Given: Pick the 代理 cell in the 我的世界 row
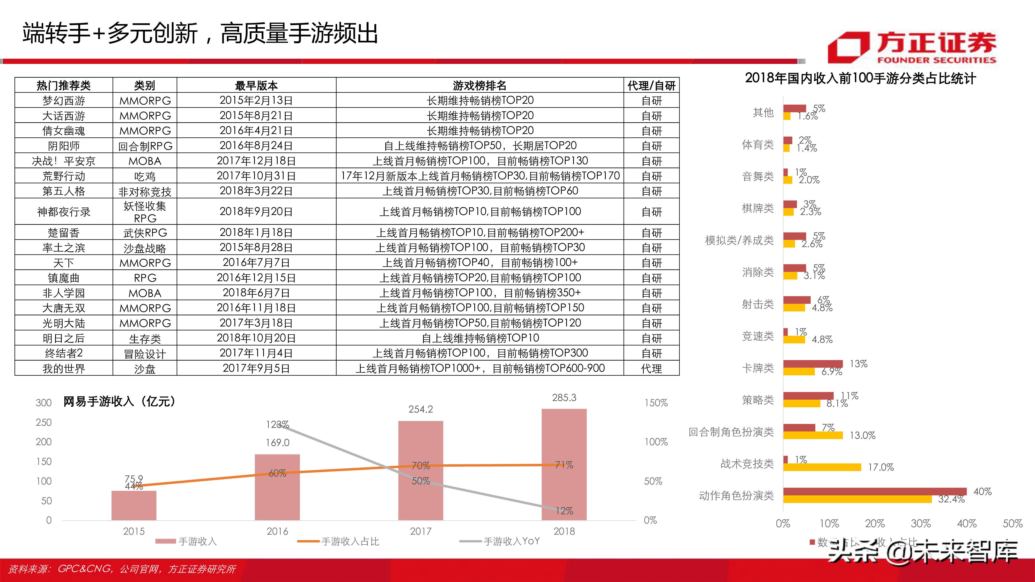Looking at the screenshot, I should [x=651, y=368].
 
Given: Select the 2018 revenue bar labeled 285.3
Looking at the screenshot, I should [x=564, y=464].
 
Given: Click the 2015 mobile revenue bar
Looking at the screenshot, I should [x=134, y=505].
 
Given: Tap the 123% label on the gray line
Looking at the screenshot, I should [x=277, y=424].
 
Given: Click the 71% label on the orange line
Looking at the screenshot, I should [x=564, y=465].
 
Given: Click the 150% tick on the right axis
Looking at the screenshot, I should [x=656, y=403].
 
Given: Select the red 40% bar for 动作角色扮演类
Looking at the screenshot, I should [x=874, y=491].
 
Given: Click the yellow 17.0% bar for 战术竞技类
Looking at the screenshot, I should [x=822, y=467].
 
